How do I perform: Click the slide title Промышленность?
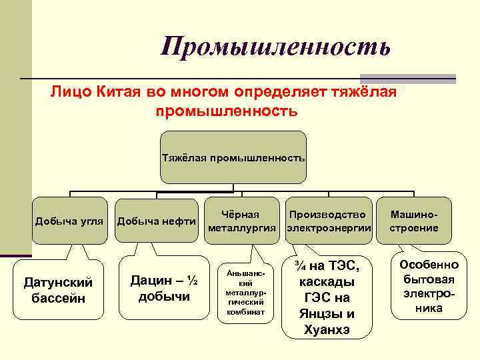pos(275,47)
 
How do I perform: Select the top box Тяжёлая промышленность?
pos(233,158)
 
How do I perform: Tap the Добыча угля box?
pos(69,221)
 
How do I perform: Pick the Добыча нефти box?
pos(156,221)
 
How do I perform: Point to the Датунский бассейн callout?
pos(58,290)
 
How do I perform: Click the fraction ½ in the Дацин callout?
pos(191,281)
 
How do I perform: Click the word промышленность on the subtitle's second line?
pos(227,109)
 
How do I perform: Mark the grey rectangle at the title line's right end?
pos(407,78)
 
